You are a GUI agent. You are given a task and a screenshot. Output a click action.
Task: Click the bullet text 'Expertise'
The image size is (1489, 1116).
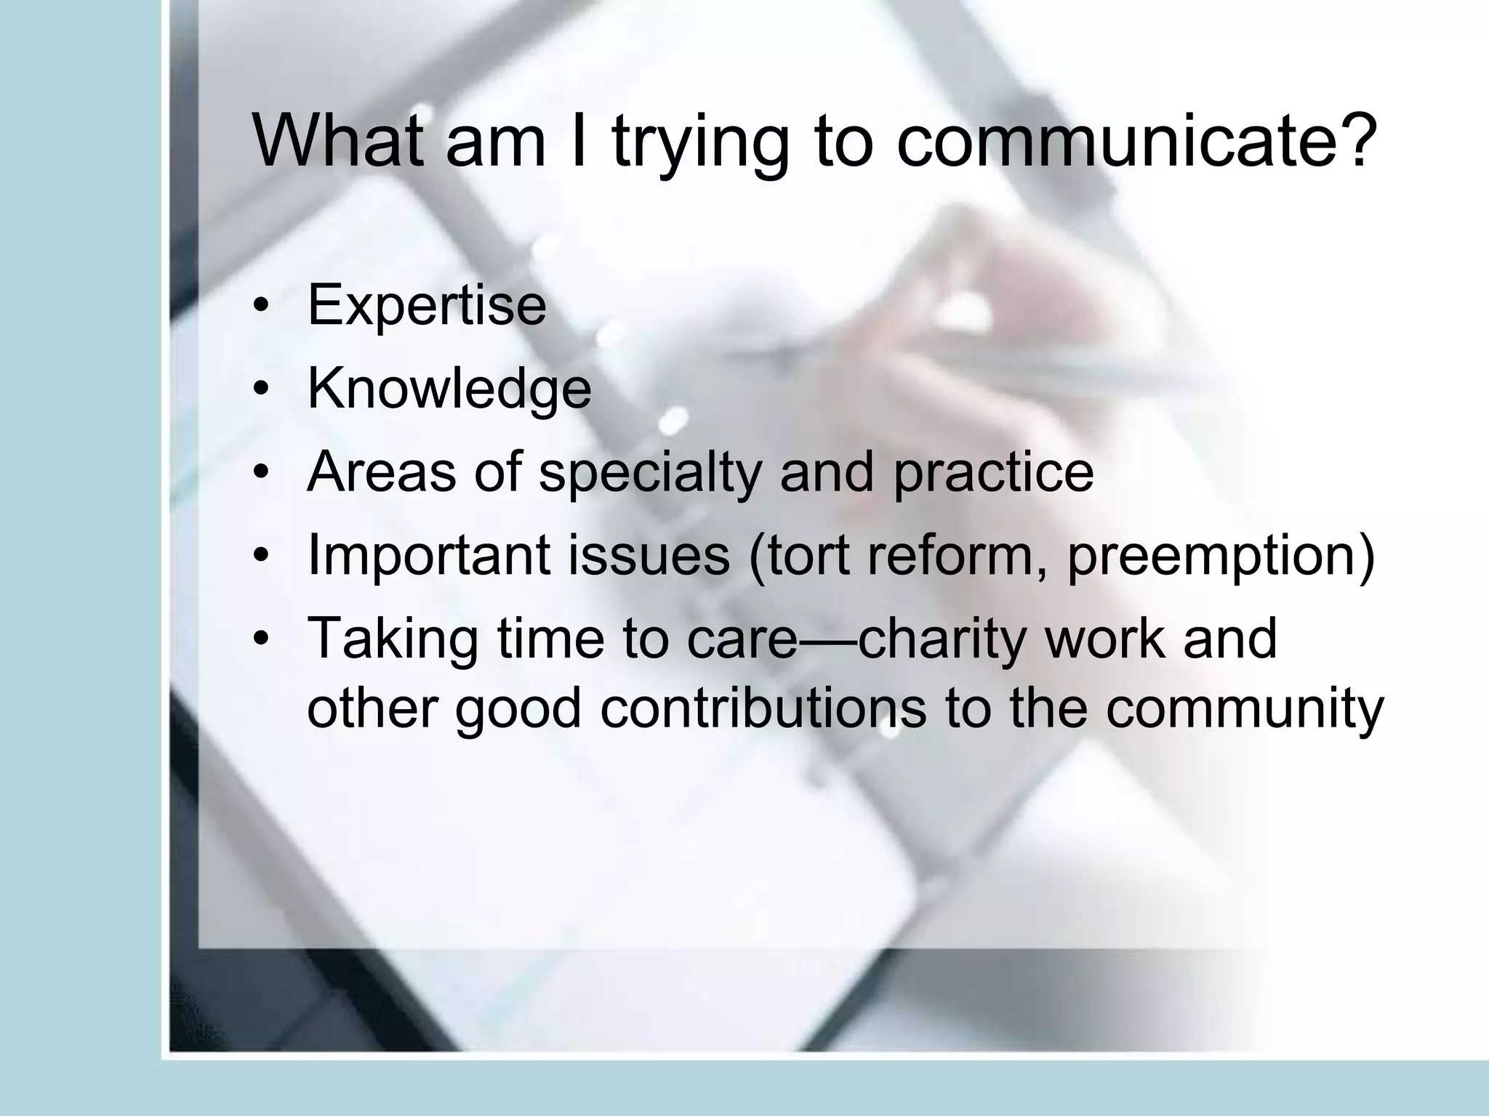[427, 305]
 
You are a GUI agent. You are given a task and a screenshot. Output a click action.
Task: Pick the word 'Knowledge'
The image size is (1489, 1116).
[449, 389]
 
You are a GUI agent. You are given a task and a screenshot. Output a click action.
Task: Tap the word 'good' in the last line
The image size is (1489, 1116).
[518, 711]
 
